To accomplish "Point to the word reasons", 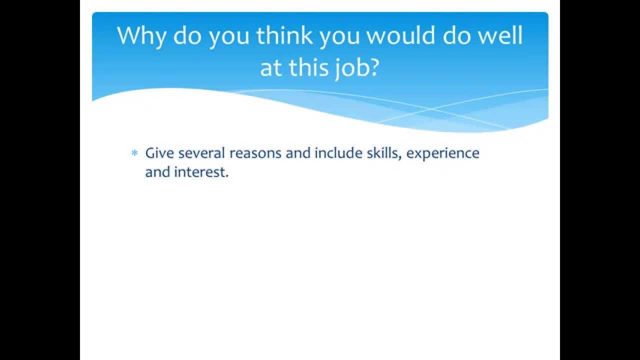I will click(x=255, y=153).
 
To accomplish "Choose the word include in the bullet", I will click(x=334, y=153).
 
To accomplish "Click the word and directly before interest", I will click(x=157, y=172).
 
